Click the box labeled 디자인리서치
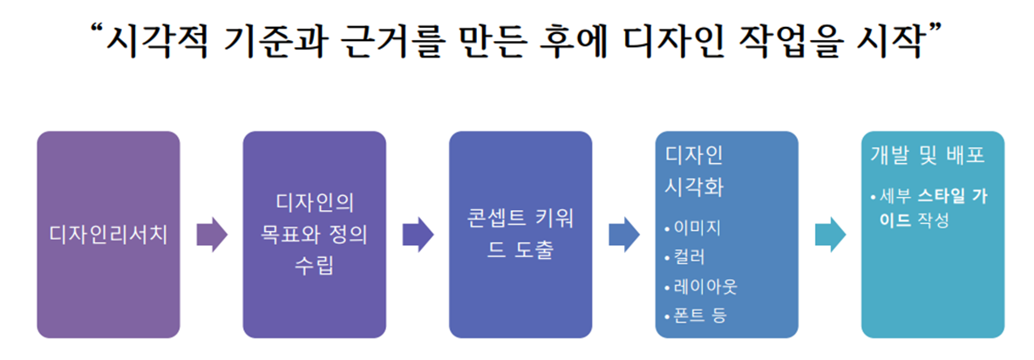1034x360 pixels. [108, 234]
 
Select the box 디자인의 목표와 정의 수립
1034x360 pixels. [314, 234]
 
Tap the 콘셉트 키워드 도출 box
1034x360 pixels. [520, 234]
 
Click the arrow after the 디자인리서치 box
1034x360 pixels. [211, 234]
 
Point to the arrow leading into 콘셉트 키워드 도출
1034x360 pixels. [418, 234]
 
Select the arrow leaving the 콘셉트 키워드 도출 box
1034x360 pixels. [623, 234]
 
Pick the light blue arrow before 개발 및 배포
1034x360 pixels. [829, 234]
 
